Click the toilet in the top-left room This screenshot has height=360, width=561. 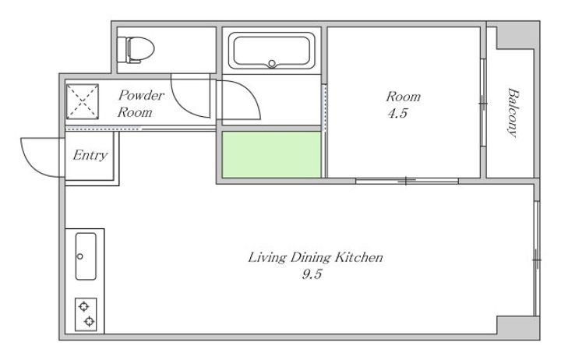[x=136, y=50]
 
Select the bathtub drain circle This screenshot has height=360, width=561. [x=272, y=64]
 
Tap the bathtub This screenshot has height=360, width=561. [x=272, y=51]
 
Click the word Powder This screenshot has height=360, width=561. [x=141, y=96]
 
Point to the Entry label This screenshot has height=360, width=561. [x=90, y=155]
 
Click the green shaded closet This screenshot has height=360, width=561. [x=272, y=154]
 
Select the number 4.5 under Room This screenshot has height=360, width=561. [x=398, y=114]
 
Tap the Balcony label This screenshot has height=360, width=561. [x=513, y=112]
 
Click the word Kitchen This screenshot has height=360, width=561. [x=359, y=257]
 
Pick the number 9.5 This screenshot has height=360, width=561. [x=312, y=274]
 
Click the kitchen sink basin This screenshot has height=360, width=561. [x=86, y=256]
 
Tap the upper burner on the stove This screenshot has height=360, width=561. [x=83, y=307]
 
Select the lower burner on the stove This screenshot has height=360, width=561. [x=89, y=321]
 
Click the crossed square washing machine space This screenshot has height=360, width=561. [x=83, y=101]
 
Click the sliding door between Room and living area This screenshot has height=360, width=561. [x=407, y=181]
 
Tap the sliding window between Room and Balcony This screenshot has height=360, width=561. [x=483, y=103]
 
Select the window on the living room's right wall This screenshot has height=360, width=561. [x=536, y=259]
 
